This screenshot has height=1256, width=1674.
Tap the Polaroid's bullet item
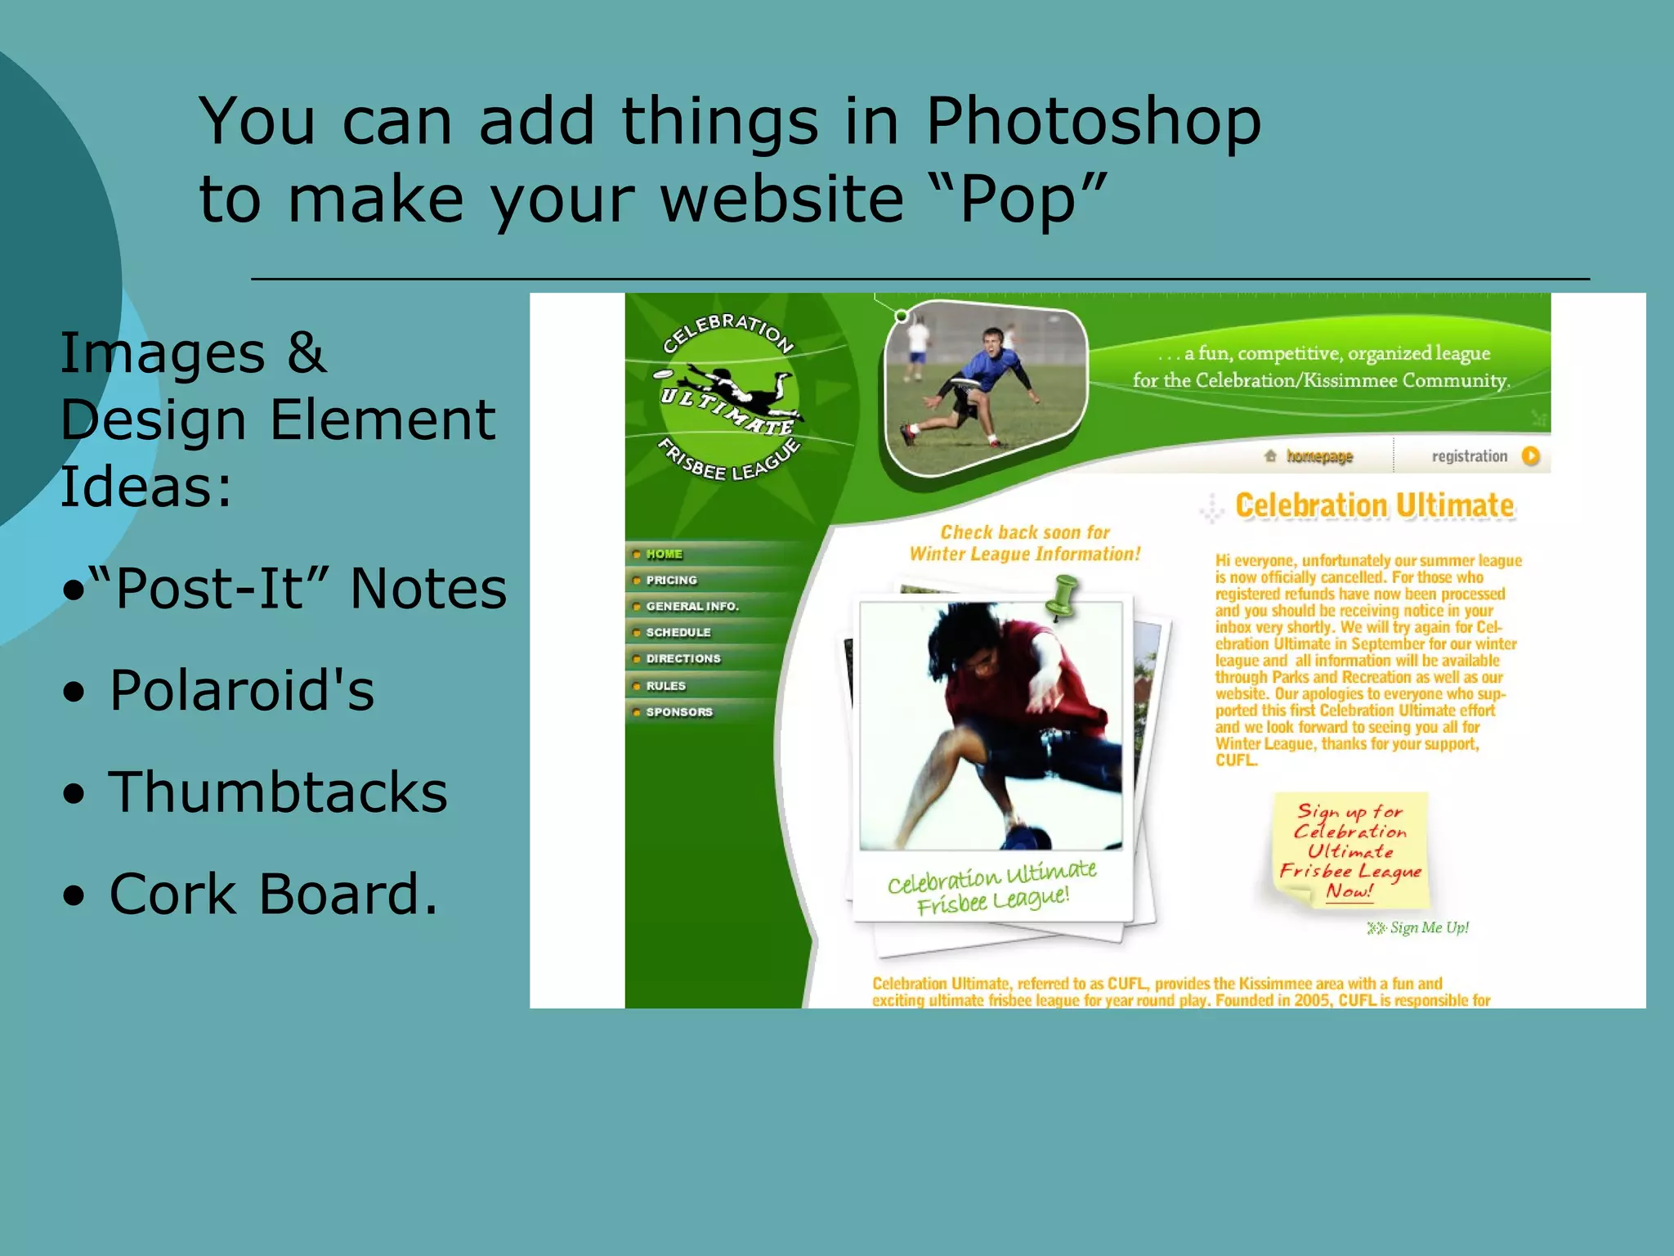point(241,690)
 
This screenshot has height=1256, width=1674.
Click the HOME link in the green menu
point(664,554)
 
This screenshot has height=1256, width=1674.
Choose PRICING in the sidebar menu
point(671,581)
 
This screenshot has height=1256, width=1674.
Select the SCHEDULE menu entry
point(678,633)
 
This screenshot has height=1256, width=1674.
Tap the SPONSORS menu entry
point(678,712)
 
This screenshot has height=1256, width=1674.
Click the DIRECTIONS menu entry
point(683,659)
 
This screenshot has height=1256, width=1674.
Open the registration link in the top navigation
point(1469,456)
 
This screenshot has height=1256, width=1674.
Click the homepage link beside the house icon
point(1319,456)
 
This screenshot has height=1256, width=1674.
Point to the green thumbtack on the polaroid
point(1063,594)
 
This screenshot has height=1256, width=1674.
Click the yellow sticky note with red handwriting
point(1349,850)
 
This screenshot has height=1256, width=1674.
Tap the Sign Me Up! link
point(1428,927)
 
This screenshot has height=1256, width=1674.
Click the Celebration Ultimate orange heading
point(1374,505)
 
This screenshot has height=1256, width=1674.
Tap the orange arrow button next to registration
point(1531,456)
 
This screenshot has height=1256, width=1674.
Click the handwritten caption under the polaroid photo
point(991,888)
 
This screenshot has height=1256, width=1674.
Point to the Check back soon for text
point(1025,532)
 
